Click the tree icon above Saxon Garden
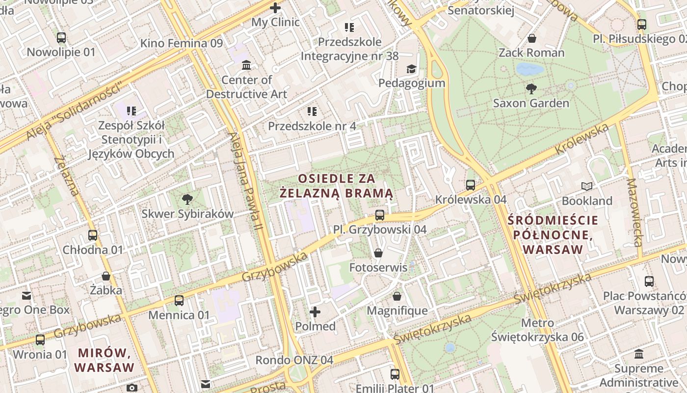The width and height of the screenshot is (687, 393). [x=531, y=89]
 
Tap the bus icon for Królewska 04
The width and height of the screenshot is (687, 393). [x=471, y=185]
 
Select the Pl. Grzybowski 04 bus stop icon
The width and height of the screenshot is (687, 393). [x=380, y=215]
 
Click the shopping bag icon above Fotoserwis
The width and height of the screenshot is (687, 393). [x=378, y=253]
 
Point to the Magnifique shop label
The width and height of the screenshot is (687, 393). [x=397, y=310]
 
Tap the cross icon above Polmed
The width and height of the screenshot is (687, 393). [x=315, y=312]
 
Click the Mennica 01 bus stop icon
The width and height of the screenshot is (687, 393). [x=179, y=300]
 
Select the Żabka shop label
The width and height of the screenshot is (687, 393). [x=106, y=290]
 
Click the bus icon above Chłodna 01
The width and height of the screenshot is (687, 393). [x=93, y=235]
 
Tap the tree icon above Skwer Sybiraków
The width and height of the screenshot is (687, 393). [x=187, y=199]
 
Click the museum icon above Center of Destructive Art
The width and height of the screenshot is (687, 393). [x=246, y=65]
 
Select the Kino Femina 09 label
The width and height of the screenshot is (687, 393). [x=182, y=43]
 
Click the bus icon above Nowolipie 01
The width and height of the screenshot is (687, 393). [x=61, y=37]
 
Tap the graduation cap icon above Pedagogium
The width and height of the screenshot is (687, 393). [x=411, y=69]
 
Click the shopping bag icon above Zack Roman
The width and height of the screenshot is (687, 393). [x=532, y=38]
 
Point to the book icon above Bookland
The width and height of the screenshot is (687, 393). [x=587, y=186]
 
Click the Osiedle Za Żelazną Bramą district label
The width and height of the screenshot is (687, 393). [x=336, y=185]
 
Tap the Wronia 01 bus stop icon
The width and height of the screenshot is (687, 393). [x=40, y=339]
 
